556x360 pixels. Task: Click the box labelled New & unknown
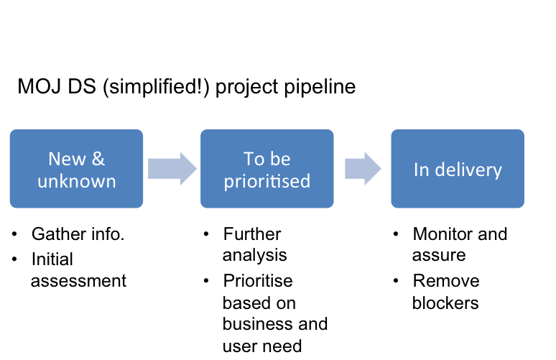[76, 169]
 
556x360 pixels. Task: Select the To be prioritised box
[267, 169]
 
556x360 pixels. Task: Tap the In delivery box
[458, 169]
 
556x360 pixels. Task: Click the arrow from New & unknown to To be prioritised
[172, 169]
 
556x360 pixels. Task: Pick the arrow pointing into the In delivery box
[363, 169]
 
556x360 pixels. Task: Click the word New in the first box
[66, 159]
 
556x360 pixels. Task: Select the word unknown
[76, 180]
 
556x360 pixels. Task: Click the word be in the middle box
[279, 159]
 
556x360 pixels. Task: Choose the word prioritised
[267, 181]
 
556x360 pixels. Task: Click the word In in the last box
[420, 170]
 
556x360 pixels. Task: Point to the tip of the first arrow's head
[195, 169]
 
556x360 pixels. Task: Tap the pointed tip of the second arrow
[381, 169]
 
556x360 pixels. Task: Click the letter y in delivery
[497, 172]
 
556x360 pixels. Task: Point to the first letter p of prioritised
[228, 183]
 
